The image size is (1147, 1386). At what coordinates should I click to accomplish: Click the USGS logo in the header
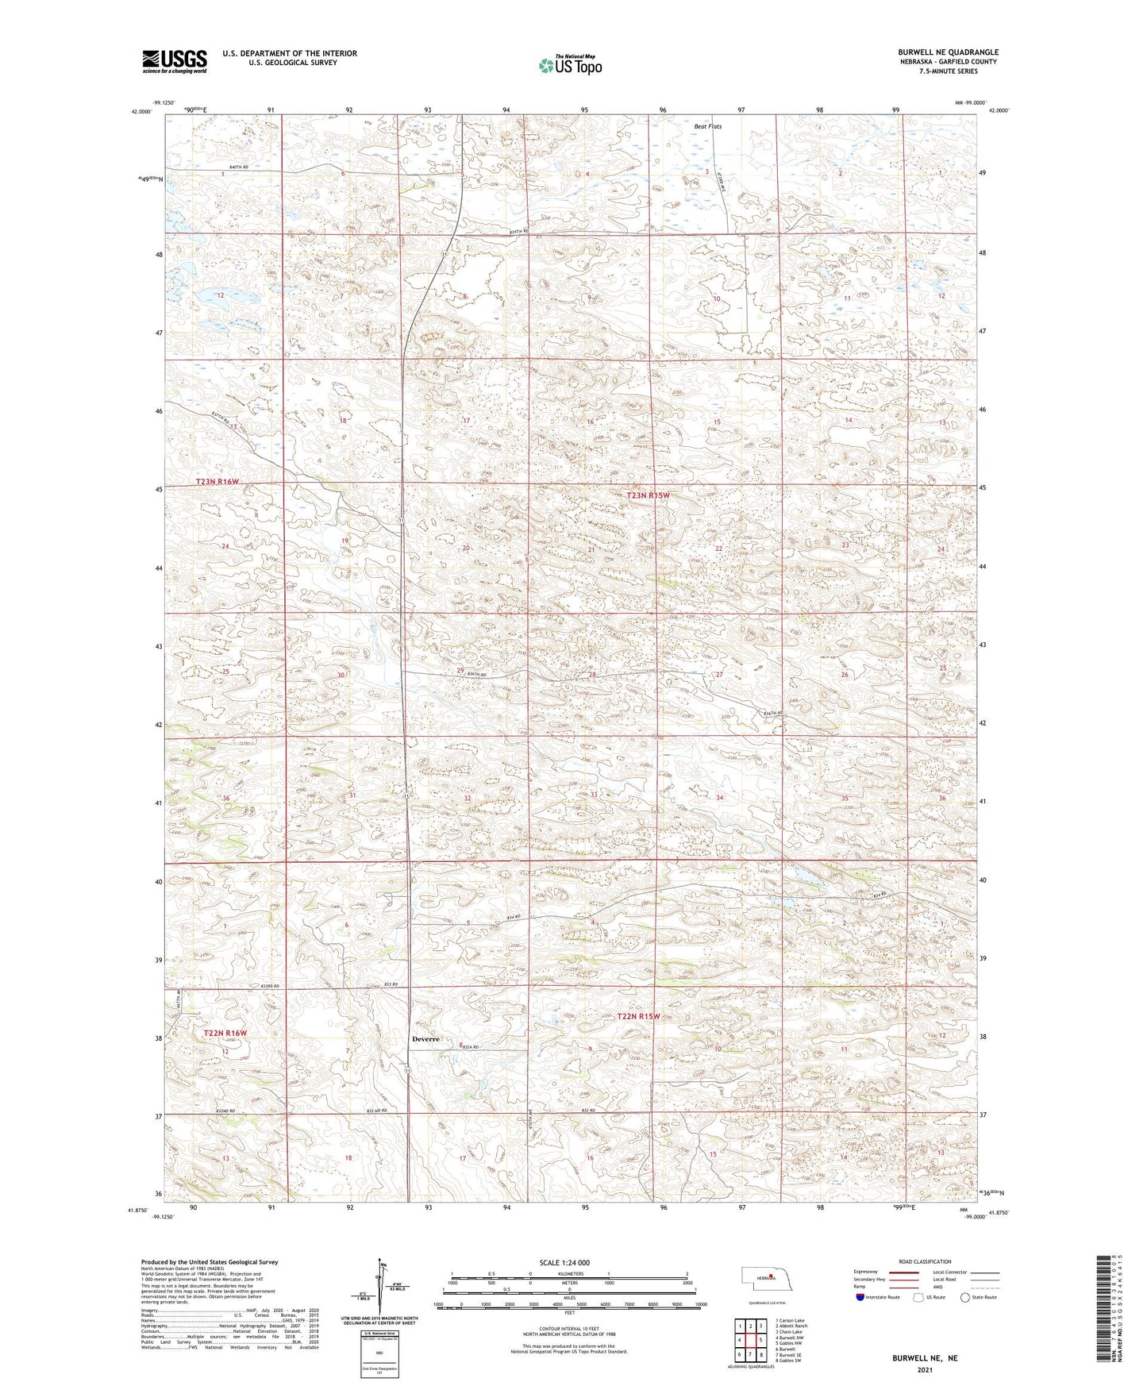[175, 60]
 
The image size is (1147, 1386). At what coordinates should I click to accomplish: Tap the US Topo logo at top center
[569, 65]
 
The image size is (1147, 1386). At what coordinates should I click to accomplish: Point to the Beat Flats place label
[708, 126]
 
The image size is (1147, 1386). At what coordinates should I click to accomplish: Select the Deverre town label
[425, 1039]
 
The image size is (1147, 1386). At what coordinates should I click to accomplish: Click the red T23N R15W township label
[648, 495]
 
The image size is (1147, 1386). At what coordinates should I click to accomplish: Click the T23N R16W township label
[217, 482]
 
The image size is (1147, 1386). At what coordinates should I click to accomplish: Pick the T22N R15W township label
[638, 1016]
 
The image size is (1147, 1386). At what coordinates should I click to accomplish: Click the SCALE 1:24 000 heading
[564, 1262]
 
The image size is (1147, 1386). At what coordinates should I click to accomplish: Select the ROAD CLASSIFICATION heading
[925, 1261]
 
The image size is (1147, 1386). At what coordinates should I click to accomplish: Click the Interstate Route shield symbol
[861, 1297]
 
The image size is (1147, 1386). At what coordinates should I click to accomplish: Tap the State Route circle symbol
[965, 1297]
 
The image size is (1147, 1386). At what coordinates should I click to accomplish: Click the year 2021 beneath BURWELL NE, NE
[924, 1369]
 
